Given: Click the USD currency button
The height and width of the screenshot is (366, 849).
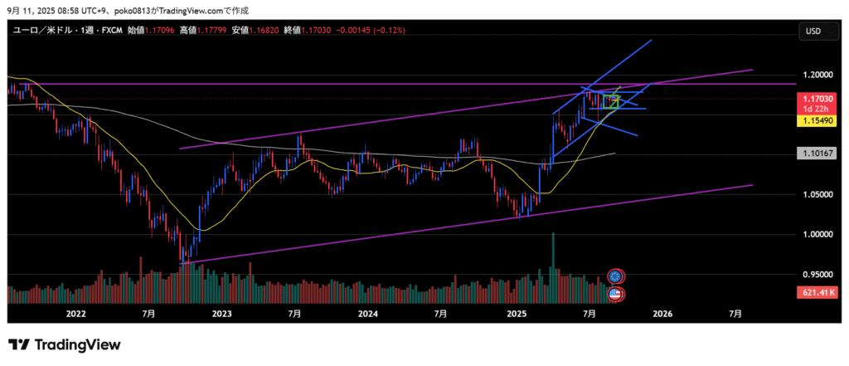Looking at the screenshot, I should (x=813, y=31).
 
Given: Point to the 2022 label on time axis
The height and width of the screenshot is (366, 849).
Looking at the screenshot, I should (x=75, y=314).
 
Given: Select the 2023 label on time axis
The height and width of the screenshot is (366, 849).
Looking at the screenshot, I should (x=221, y=314).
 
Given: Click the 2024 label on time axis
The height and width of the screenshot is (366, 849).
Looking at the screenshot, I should (x=368, y=314).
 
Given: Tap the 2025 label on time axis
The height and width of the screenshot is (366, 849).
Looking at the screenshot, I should (x=516, y=314).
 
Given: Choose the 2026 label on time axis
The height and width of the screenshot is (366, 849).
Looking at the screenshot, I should (x=662, y=314).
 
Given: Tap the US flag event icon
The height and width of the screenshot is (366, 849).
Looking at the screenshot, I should (x=615, y=293).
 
